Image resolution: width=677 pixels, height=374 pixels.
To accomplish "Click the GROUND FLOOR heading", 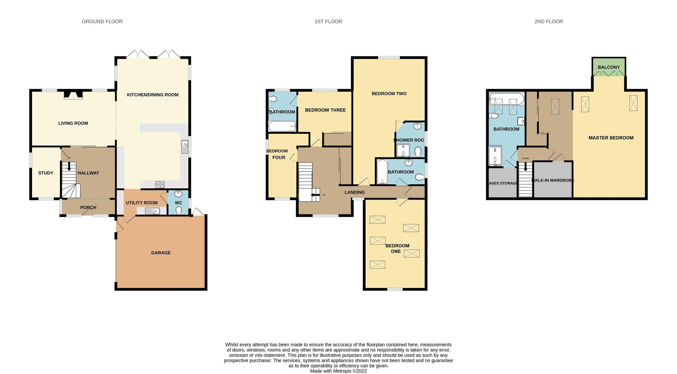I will [x=102, y=21].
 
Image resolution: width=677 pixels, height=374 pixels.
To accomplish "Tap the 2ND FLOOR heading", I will [x=548, y=21].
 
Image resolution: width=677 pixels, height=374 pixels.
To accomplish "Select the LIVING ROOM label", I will [x=73, y=123].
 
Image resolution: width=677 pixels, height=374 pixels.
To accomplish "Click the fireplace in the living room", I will [x=73, y=95].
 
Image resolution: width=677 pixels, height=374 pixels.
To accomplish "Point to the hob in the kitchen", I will [x=160, y=184].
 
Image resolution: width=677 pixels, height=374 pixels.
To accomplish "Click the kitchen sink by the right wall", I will [x=185, y=147].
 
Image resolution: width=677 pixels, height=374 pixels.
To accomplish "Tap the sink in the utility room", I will [x=152, y=211].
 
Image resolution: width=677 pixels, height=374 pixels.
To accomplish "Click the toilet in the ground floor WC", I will [x=179, y=210].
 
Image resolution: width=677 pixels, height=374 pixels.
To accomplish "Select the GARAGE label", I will [x=161, y=253].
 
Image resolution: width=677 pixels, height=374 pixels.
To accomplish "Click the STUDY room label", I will [x=46, y=173].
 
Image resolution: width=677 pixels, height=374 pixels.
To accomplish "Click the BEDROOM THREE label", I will [x=325, y=110].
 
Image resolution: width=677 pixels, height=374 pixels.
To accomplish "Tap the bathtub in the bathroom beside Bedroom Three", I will [x=282, y=126].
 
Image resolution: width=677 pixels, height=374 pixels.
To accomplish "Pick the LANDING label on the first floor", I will [x=354, y=192].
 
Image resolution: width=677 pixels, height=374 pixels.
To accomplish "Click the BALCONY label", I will [x=609, y=67].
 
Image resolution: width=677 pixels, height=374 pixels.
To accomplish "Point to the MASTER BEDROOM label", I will [x=611, y=138].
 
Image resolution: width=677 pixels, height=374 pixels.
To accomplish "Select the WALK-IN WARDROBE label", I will [x=553, y=180].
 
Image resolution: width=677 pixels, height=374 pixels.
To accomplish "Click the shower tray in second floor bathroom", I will [x=495, y=156].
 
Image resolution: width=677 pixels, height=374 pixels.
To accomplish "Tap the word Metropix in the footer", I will [x=342, y=371].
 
